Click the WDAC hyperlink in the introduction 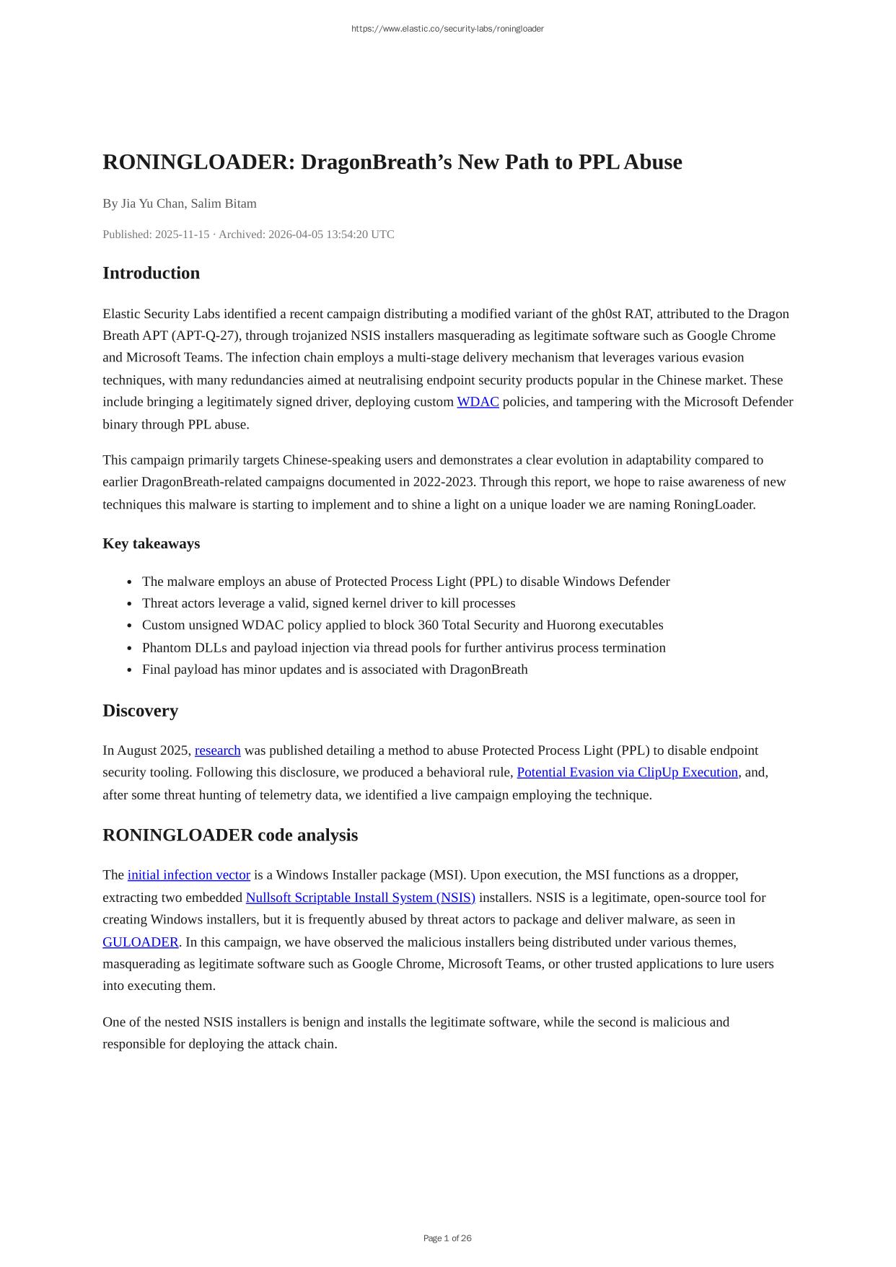click(478, 402)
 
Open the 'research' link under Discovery click(217, 750)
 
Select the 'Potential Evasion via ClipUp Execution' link click(627, 772)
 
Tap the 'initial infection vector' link click(188, 875)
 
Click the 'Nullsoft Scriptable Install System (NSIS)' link click(360, 898)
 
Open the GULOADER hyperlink click(140, 942)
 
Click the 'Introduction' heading click(151, 273)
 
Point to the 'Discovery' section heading click(140, 711)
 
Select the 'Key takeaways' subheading click(151, 543)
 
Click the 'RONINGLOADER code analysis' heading click(230, 835)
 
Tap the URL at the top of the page click(447, 29)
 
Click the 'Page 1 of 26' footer click(447, 1238)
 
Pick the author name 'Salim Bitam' click(224, 203)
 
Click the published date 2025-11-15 click(182, 234)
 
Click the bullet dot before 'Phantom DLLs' click(129, 648)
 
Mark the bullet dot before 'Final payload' click(129, 670)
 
